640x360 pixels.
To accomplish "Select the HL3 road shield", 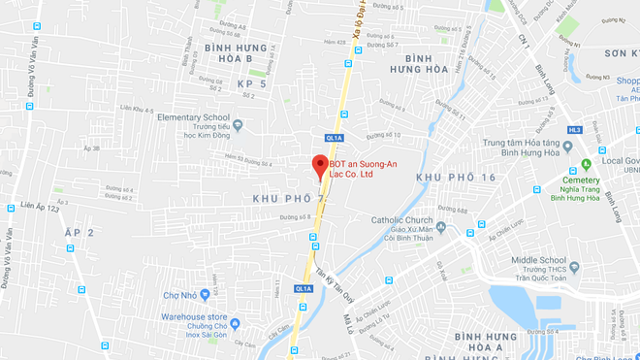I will pos(574,129).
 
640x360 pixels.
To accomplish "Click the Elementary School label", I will pos(192,117).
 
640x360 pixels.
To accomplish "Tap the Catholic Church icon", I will pos(441,227).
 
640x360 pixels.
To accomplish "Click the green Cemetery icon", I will pos(586,165).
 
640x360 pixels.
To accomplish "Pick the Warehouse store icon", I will pos(235,323).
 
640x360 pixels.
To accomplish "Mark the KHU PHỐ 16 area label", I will pos(456,178).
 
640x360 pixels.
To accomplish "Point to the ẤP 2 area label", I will pos(79,234).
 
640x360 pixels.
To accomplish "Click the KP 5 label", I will pos(251,84).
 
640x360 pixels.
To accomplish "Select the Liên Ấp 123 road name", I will pos(39,207).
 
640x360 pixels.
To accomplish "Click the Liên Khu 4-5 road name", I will pos(138,109).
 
